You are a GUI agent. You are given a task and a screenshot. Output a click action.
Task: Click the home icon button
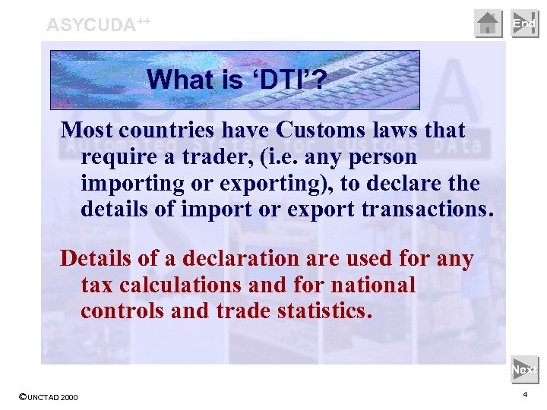pyautogui.click(x=489, y=24)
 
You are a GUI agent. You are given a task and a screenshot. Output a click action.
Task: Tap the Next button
pyautogui.click(x=524, y=370)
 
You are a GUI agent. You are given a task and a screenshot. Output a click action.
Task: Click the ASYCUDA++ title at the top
pyautogui.click(x=98, y=24)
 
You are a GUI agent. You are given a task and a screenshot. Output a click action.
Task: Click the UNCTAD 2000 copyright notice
pyautogui.click(x=47, y=398)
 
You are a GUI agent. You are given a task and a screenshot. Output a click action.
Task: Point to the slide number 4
pyautogui.click(x=525, y=396)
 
